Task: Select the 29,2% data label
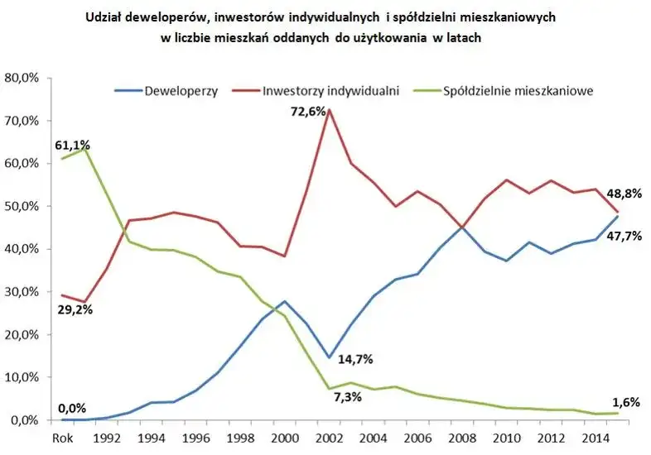(75, 309)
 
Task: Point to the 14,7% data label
(354, 359)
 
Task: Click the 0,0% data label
(74, 408)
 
